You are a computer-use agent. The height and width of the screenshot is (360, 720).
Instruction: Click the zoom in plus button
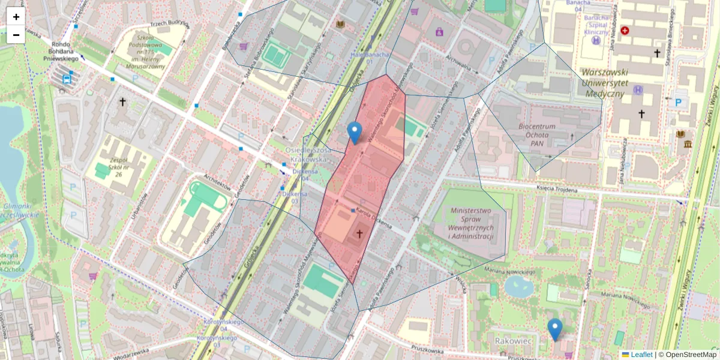(x=16, y=17)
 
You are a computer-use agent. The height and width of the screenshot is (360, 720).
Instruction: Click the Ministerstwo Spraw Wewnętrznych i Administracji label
(x=472, y=223)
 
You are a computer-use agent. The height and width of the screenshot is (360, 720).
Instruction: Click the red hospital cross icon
(x=625, y=30)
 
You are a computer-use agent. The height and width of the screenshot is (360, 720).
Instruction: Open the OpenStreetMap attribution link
(x=688, y=355)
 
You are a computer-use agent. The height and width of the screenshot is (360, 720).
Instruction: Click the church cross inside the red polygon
(x=360, y=233)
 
